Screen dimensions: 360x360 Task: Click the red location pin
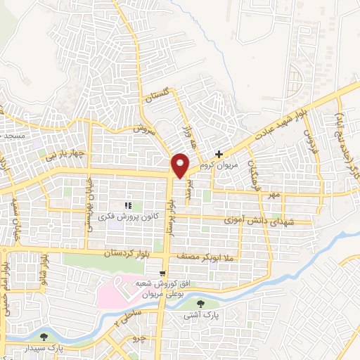click(x=181, y=165)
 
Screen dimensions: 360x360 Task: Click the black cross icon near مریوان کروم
click(x=219, y=153)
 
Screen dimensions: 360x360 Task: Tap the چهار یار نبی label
click(x=67, y=153)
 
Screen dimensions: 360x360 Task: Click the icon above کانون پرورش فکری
click(x=128, y=205)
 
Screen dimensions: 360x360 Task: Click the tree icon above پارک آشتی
click(x=202, y=304)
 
